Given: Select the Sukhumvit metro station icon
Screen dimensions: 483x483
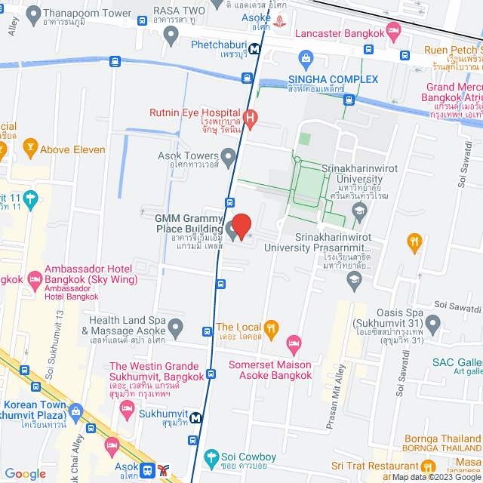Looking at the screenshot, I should point(196,418).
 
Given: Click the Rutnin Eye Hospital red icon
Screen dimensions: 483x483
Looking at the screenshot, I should point(251,118).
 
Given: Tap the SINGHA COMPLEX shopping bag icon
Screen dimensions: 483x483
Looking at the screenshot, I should point(306,59).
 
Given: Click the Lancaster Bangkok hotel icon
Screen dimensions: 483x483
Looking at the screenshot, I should point(392,33).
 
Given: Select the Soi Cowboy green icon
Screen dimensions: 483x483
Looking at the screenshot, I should point(211,457).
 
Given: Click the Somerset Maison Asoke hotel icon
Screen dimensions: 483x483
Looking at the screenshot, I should point(294,344).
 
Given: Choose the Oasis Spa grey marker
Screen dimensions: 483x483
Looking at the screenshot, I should point(432,325).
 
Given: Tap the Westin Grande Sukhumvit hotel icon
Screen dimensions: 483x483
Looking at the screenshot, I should point(128,408).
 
